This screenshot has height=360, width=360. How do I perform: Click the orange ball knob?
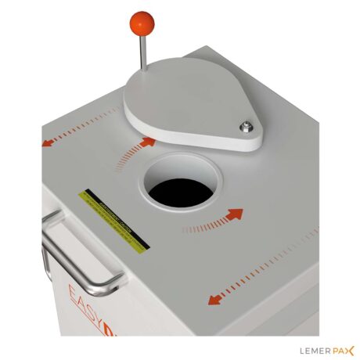point(142,23)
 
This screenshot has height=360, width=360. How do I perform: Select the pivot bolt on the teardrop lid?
point(248,125)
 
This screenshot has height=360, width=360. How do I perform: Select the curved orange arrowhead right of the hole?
point(234,214)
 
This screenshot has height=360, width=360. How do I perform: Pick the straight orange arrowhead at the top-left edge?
point(49,142)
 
